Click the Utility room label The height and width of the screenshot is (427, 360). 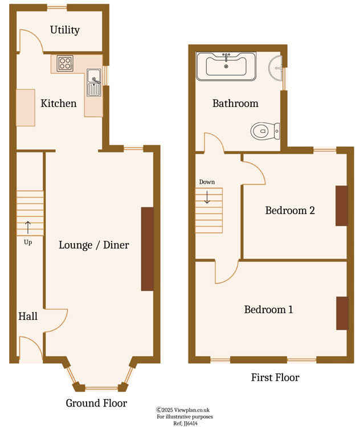click(x=64, y=30)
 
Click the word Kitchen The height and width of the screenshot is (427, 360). click(x=58, y=104)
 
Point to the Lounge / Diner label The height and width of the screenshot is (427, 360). click(x=94, y=245)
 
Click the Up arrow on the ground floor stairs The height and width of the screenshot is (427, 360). click(x=27, y=228)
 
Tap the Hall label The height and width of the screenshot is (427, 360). click(x=28, y=316)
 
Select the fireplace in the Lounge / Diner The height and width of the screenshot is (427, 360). click(x=147, y=249)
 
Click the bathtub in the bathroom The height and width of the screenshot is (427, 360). click(x=226, y=66)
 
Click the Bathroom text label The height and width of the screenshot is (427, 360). click(x=235, y=104)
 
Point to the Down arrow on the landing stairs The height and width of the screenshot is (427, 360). click(x=207, y=197)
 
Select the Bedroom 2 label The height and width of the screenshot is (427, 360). click(x=290, y=211)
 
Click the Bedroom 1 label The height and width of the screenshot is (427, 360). click(x=268, y=310)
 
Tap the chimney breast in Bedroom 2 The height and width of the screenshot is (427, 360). click(x=341, y=206)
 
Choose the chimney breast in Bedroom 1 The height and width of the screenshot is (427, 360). click(x=342, y=313)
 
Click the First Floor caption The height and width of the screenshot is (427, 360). click(x=275, y=377)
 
